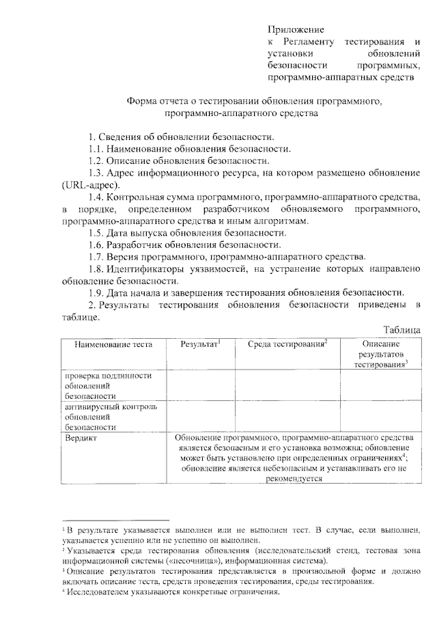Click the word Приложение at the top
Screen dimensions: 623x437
click(x=295, y=29)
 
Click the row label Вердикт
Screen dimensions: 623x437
click(x=81, y=437)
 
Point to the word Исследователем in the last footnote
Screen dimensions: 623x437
click(x=100, y=592)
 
